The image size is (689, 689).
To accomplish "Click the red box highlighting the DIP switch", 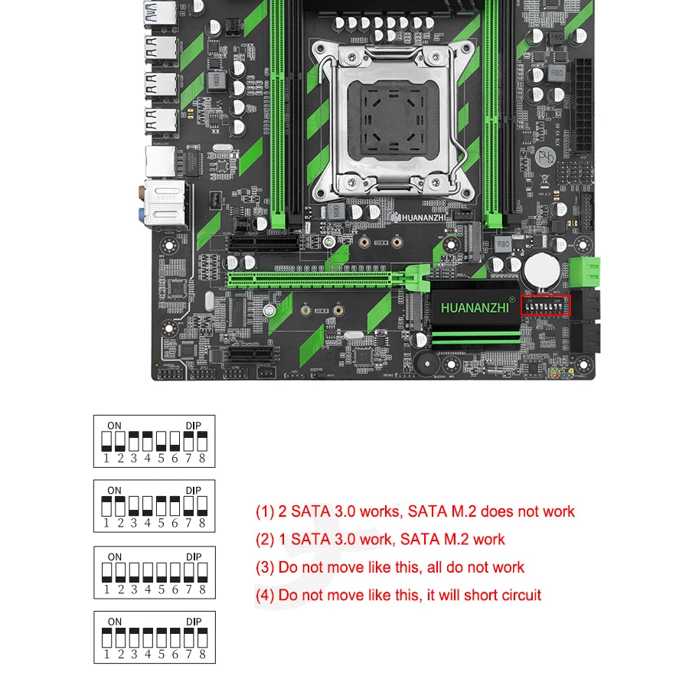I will [x=545, y=304].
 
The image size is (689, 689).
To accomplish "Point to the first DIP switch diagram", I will [x=155, y=441].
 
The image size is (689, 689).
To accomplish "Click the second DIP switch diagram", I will [x=155, y=506].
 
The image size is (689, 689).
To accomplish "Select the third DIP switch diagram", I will [x=155, y=572].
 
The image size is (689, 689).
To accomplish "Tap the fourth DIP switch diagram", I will [x=155, y=637].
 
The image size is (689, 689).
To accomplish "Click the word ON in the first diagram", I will [x=114, y=425].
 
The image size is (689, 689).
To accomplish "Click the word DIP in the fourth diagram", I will [x=193, y=621].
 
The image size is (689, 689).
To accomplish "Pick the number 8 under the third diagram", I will [x=202, y=589].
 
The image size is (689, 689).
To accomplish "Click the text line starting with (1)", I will [x=415, y=511].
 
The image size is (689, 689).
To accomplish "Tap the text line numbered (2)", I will [x=380, y=539].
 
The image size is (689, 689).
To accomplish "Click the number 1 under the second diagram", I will [x=107, y=524].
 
